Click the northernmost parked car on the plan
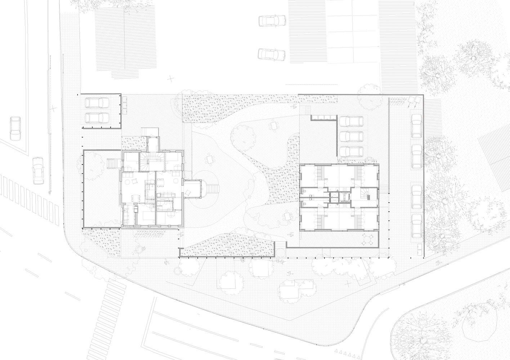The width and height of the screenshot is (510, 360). click(269, 21)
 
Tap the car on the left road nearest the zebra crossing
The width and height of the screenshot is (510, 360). click(37, 170)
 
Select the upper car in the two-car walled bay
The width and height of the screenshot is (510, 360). click(97, 103)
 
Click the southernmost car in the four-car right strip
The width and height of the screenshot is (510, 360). click(417, 226)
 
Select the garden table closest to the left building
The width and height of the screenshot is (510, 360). click(210, 159)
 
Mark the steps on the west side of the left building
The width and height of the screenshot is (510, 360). click(113, 164)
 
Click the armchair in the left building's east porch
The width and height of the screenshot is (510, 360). click(188, 193)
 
